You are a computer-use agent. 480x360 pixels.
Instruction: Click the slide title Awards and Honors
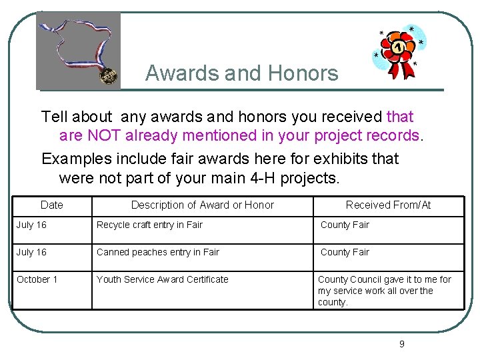241,73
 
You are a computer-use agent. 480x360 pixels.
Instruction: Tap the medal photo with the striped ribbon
78,51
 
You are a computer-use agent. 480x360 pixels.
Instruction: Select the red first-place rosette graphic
399,52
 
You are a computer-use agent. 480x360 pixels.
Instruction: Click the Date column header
51,205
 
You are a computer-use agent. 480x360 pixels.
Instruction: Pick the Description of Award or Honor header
202,205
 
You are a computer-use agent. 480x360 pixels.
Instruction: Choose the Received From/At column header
388,205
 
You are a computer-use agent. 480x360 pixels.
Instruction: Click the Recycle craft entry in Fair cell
149,225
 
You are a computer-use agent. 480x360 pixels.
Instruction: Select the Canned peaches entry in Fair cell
157,252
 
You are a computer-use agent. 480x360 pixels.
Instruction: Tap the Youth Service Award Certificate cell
162,279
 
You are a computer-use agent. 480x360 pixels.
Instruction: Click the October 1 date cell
37,279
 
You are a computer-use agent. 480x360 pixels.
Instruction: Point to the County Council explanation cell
384,291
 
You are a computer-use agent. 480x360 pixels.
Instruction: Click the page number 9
401,344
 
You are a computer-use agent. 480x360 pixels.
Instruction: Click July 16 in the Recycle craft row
31,225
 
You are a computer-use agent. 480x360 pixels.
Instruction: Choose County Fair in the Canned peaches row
345,252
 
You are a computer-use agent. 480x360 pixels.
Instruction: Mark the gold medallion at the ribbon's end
107,77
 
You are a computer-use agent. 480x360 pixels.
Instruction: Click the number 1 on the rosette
398,47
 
